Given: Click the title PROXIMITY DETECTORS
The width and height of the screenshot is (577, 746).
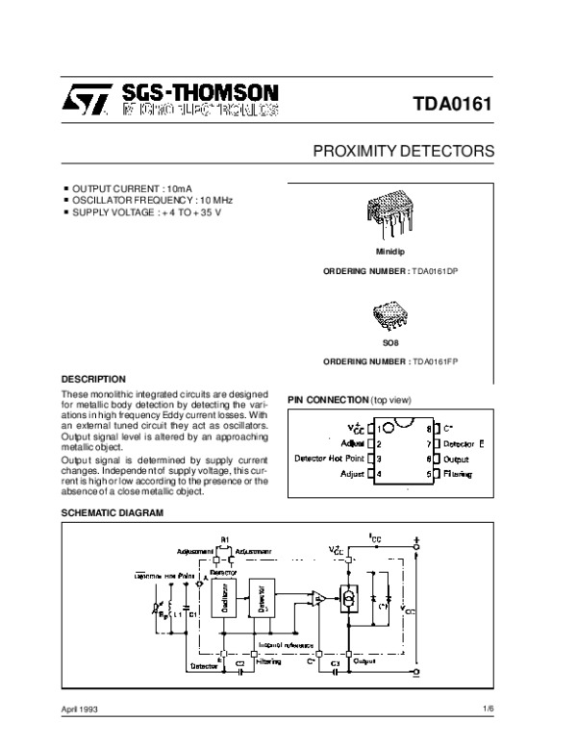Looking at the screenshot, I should pyautogui.click(x=405, y=152).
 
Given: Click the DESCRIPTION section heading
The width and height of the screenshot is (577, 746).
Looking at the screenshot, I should pyautogui.click(x=93, y=379).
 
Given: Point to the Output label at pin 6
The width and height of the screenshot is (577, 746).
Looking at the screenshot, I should pyautogui.click(x=456, y=459).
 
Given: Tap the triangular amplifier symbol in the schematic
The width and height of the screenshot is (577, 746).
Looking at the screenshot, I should pyautogui.click(x=318, y=600).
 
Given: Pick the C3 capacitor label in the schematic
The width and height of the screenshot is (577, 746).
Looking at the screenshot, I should pyautogui.click(x=335, y=664).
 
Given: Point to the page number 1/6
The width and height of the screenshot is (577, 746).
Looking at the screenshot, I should pyautogui.click(x=488, y=708).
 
